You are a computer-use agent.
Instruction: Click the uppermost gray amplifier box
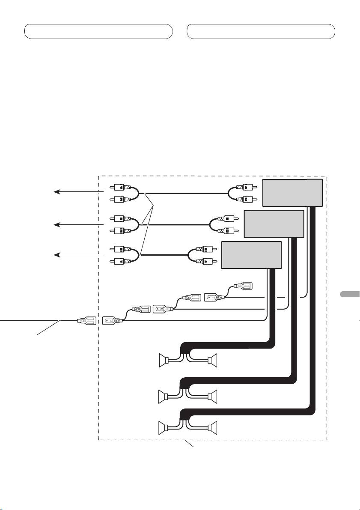(x=292, y=193)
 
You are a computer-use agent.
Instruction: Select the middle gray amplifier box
(x=274, y=224)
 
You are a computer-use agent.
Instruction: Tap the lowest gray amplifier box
(x=251, y=255)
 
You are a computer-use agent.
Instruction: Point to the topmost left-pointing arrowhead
(x=55, y=192)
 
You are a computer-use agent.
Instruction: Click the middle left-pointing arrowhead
(x=55, y=224)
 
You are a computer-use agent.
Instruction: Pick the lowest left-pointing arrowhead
(x=55, y=255)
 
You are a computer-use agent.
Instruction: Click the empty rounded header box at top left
(x=98, y=32)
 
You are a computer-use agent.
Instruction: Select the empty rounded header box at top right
(x=261, y=32)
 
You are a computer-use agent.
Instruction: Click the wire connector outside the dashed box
(x=86, y=320)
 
